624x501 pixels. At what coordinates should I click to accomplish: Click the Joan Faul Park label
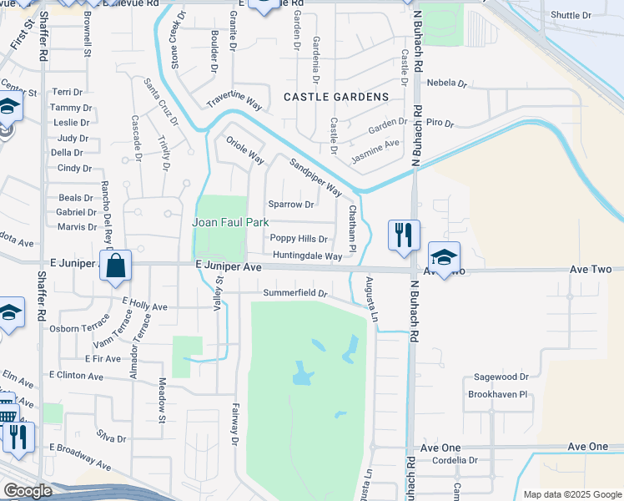[230, 222]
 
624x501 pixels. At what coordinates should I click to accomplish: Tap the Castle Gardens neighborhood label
[336, 97]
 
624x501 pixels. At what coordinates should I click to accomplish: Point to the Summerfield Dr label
[294, 294]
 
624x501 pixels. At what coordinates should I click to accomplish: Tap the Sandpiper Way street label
[315, 176]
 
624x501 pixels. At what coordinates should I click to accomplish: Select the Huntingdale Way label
[308, 256]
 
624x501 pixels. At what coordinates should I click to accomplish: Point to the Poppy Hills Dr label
[298, 239]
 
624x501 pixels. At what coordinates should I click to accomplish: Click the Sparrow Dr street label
[290, 204]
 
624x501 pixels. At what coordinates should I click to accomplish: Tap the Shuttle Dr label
[571, 16]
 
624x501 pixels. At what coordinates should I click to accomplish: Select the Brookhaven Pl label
[498, 394]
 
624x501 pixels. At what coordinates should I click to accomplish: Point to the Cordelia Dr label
[449, 460]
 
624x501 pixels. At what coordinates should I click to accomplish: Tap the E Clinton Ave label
[76, 376]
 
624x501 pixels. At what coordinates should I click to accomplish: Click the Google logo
[28, 491]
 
